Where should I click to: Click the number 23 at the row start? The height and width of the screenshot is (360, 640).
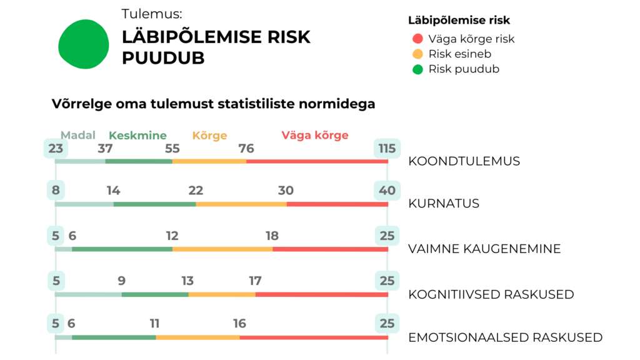pyautogui.click(x=56, y=149)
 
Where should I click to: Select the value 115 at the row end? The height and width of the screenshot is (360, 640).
pyautogui.click(x=387, y=149)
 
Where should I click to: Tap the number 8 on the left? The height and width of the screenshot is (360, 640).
pyautogui.click(x=56, y=190)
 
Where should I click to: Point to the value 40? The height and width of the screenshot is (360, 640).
pyautogui.click(x=387, y=190)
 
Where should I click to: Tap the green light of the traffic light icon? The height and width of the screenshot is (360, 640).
pyautogui.click(x=417, y=71)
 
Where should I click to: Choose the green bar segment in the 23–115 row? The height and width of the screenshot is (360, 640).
pyautogui.click(x=139, y=164)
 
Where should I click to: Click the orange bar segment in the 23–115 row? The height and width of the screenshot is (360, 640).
pyautogui.click(x=209, y=164)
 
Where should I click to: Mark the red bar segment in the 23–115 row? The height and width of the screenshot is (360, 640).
pyautogui.click(x=316, y=164)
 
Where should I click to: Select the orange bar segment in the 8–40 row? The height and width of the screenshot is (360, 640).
pyautogui.click(x=241, y=204)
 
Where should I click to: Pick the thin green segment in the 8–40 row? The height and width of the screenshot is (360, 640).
pyautogui.click(x=154, y=204)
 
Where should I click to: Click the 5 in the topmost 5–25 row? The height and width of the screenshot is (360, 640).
pyautogui.click(x=56, y=236)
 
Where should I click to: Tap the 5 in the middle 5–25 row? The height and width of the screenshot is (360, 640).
pyautogui.click(x=56, y=281)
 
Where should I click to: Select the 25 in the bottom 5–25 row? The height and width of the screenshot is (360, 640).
pyautogui.click(x=387, y=324)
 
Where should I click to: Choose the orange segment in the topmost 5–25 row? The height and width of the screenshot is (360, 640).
pyautogui.click(x=222, y=253)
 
